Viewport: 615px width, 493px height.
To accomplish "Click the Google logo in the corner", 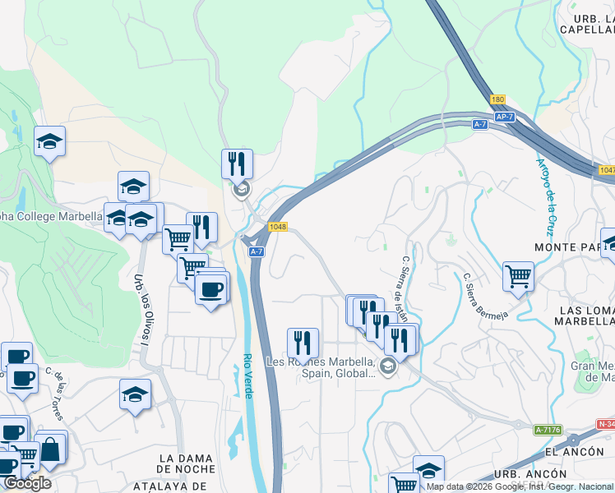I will (x=27, y=483).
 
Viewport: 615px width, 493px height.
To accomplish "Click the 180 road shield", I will (x=497, y=99).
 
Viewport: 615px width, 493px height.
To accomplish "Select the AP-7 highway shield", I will (x=505, y=117).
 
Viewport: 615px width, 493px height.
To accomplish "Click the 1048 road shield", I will (x=276, y=227).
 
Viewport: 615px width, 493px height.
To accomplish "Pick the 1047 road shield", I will (x=607, y=170).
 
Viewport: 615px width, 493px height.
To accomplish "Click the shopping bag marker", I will (x=50, y=449).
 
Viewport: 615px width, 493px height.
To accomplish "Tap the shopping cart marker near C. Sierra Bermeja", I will (x=518, y=275).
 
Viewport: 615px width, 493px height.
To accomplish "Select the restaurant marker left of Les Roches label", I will (x=303, y=342).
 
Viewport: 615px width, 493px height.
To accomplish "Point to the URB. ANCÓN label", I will (x=530, y=474).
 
